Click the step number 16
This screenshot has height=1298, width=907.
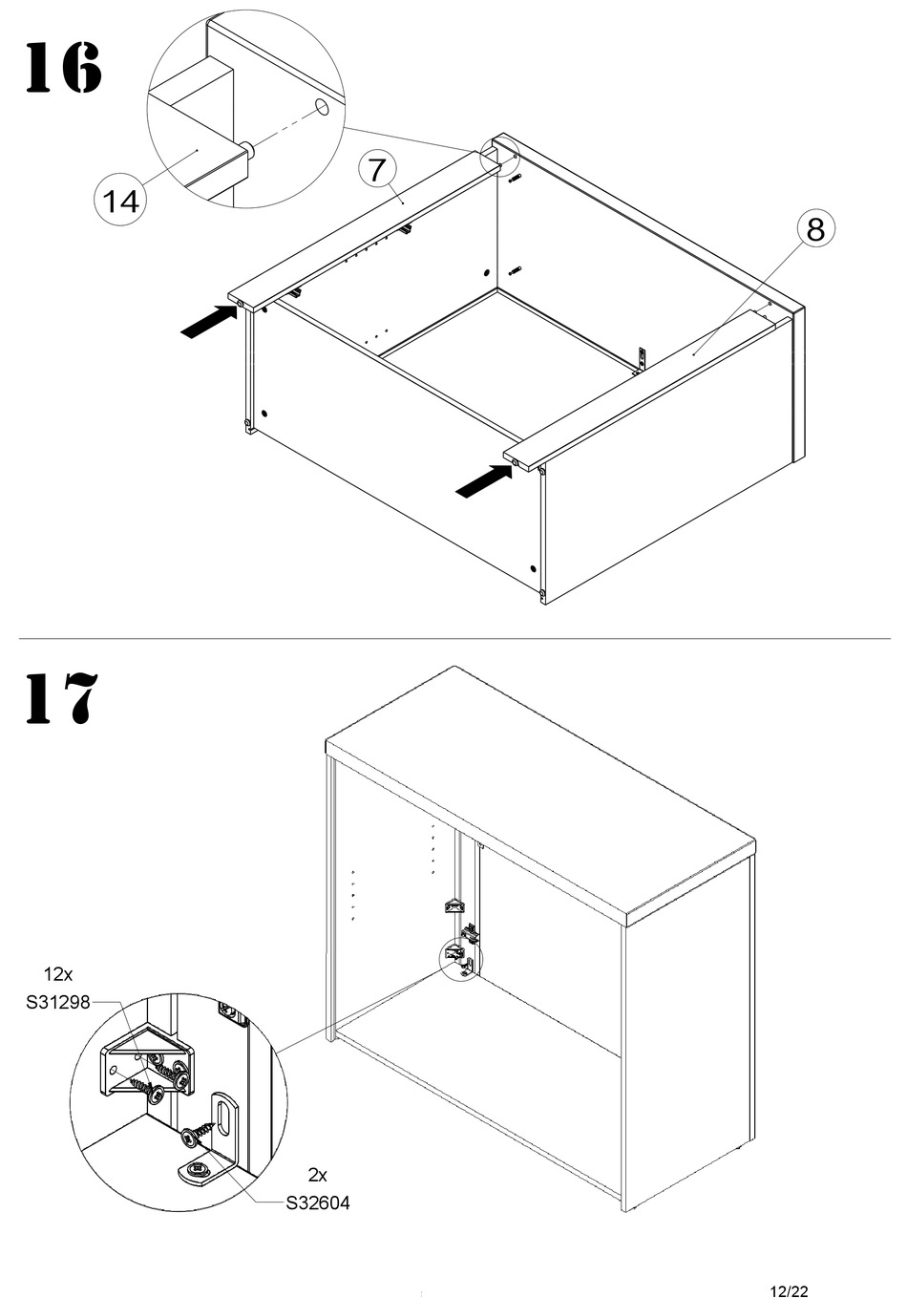(64, 67)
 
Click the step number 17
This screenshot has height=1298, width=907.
(61, 697)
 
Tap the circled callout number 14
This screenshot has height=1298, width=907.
(121, 202)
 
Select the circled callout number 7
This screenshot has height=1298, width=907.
(377, 170)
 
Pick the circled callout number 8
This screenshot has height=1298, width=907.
(815, 229)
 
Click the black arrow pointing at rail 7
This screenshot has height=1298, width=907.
(209, 322)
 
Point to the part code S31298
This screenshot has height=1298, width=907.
(58, 1002)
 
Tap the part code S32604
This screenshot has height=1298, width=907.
(318, 1203)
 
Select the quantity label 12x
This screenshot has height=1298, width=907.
(58, 974)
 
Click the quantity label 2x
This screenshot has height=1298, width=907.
(317, 1175)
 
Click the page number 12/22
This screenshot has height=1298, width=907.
(789, 1291)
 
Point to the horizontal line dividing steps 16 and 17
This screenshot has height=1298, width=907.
(454, 639)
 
